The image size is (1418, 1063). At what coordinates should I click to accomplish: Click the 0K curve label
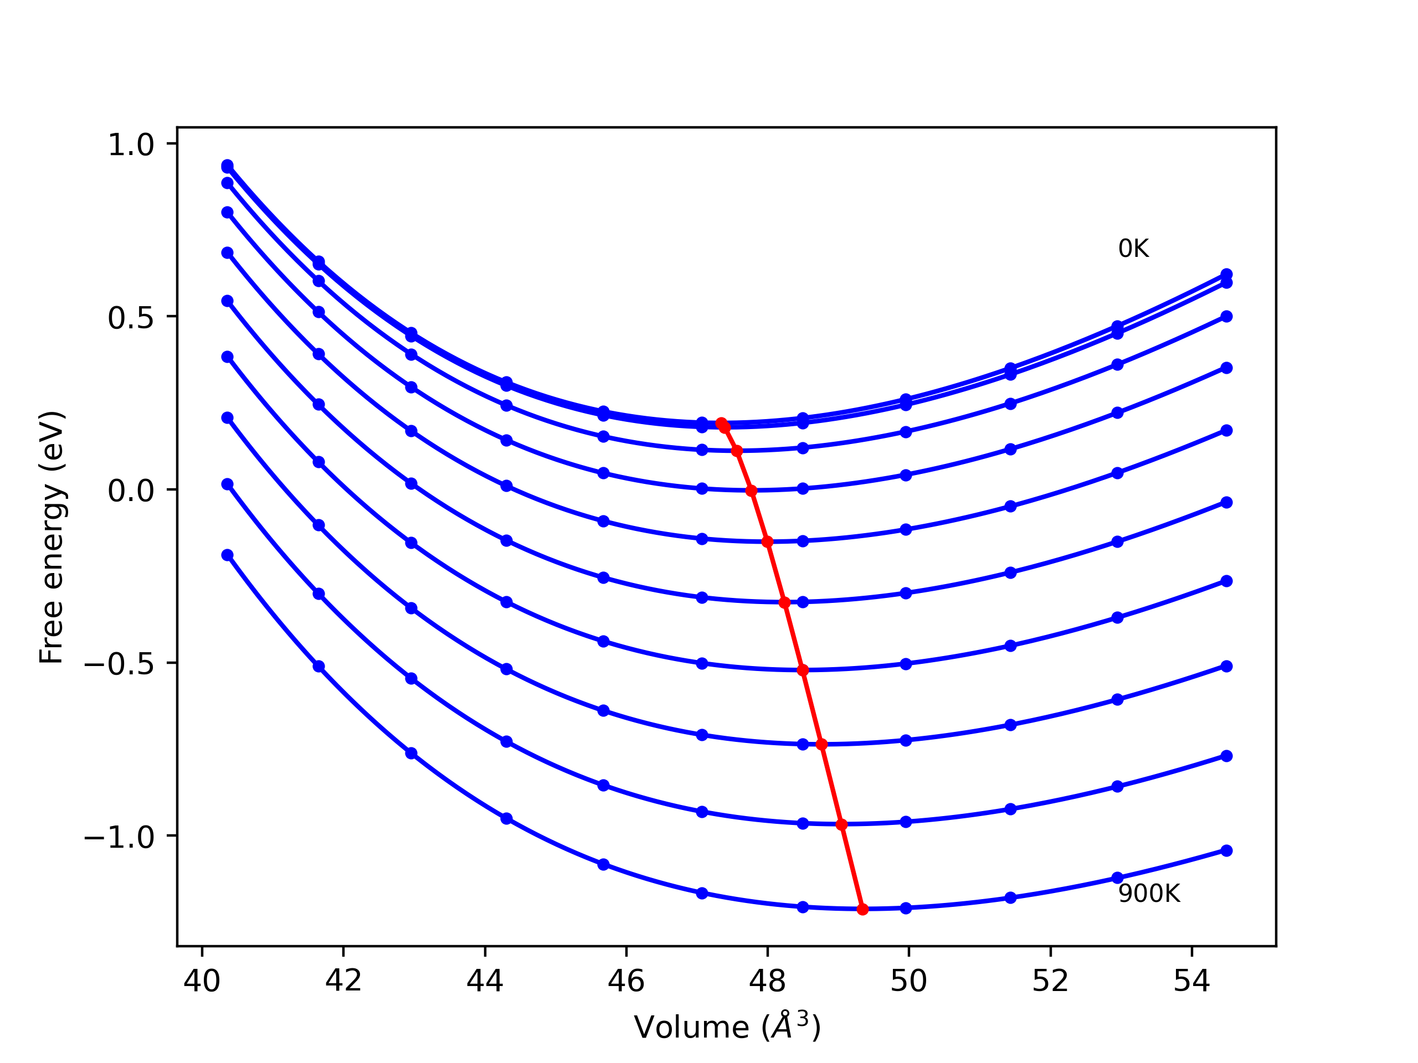tap(1133, 249)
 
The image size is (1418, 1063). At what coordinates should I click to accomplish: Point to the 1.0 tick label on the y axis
tap(131, 145)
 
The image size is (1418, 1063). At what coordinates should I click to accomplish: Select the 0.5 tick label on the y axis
tap(131, 318)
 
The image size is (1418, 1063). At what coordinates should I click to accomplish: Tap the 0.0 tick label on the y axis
tap(131, 491)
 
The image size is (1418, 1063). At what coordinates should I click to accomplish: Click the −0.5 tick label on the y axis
tap(119, 664)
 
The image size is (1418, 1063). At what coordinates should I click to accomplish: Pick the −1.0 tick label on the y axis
tap(119, 838)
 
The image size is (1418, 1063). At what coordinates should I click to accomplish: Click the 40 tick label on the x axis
tap(202, 981)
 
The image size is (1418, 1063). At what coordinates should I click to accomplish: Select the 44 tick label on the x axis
tap(485, 981)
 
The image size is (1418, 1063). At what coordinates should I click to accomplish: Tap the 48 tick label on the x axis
tap(767, 981)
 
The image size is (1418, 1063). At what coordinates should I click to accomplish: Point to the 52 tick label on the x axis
tap(1050, 981)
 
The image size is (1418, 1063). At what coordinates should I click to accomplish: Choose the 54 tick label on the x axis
tap(1191, 981)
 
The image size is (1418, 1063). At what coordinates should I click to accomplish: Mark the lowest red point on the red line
tap(862, 909)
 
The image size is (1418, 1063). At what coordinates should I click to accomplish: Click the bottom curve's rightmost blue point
tap(1226, 850)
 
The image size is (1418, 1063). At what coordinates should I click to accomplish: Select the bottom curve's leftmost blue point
tap(227, 555)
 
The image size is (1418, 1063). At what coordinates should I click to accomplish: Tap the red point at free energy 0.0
tap(751, 491)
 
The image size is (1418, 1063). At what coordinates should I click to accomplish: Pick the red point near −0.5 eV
tap(803, 670)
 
